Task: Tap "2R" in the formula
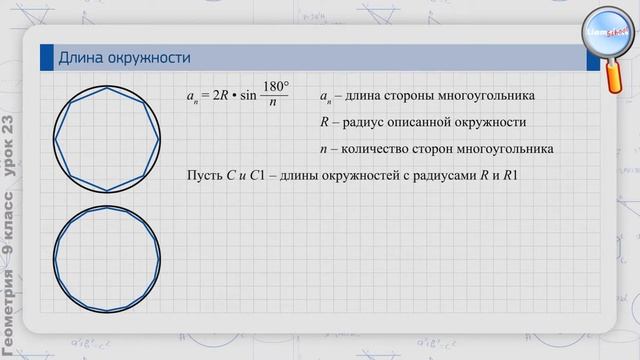(x=218, y=96)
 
